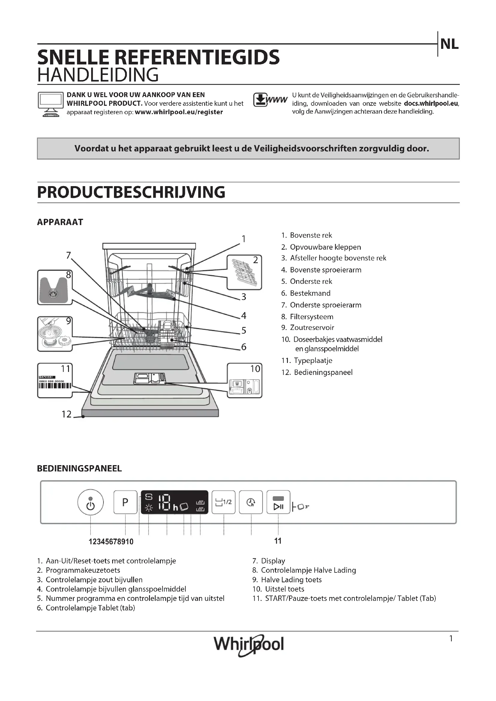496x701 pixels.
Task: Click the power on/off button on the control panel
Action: click(90, 502)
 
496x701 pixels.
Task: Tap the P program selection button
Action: click(125, 502)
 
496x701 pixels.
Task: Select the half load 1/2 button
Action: click(224, 502)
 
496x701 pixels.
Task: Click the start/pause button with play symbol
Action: click(278, 502)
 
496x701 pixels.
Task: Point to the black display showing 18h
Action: click(175, 502)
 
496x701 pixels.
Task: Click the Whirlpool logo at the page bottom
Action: click(249, 644)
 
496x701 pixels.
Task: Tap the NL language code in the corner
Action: click(449, 45)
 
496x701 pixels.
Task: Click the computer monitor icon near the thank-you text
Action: click(50, 104)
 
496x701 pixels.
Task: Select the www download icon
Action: click(270, 100)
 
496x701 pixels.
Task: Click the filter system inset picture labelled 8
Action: click(55, 287)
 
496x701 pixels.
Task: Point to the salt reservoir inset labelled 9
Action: click(55, 334)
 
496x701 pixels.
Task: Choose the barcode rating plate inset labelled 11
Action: click(55, 380)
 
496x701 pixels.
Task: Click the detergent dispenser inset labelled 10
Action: click(244, 380)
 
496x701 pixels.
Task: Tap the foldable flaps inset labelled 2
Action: click(244, 272)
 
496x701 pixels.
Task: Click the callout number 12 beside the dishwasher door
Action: click(66, 414)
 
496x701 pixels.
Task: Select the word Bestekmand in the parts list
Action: click(310, 293)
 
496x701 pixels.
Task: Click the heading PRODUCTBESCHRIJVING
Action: click(131, 192)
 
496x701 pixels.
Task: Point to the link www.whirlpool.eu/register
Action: click(179, 112)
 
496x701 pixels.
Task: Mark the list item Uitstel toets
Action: click(284, 589)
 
